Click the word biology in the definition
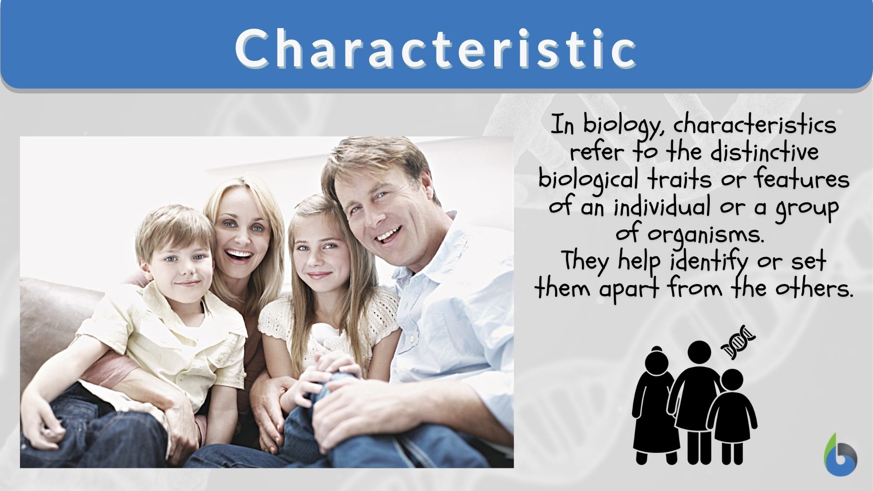pyautogui.click(x=622, y=125)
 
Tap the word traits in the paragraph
pyautogui.click(x=680, y=179)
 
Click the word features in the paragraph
pyautogui.click(x=802, y=179)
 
